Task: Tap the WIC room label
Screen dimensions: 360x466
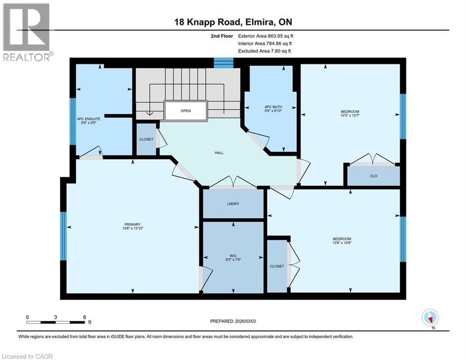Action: point(233,255)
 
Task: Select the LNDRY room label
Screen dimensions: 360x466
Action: point(233,204)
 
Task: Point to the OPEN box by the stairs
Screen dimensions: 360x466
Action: point(185,112)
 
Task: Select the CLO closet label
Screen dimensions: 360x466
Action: point(373,176)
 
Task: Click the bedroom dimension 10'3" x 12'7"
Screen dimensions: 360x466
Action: point(350,116)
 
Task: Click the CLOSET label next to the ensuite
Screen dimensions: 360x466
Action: point(146,139)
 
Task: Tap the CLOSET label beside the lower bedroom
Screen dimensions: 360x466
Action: point(276,266)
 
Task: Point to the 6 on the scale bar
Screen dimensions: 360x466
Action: point(84,317)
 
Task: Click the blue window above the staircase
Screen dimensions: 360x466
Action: point(223,63)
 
